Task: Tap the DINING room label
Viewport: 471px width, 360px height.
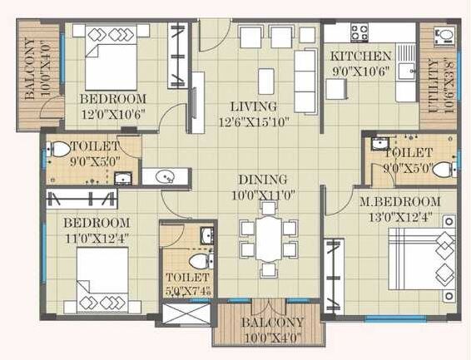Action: tap(264, 179)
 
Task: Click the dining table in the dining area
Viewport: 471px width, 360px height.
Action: tap(266, 239)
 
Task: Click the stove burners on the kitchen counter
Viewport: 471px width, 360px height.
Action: tap(359, 32)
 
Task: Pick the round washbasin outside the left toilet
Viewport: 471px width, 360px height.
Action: tap(161, 176)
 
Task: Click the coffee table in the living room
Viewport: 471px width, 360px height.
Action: tap(265, 81)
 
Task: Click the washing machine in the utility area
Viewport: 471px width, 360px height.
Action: tap(444, 35)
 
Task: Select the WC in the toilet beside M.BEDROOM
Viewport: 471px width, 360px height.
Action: tap(442, 170)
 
